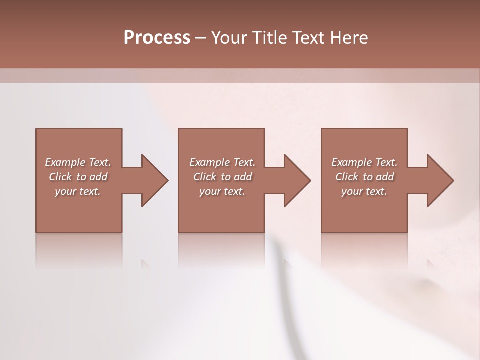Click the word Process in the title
pos(157,38)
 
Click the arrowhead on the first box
pos(154,180)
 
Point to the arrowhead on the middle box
pos(296,180)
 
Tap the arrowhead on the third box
pos(439,180)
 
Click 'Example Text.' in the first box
pos(78,162)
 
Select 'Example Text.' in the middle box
pos(222,162)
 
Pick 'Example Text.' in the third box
pos(364,162)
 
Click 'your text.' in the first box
pos(78,191)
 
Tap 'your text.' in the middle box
pos(222,191)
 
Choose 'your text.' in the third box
pos(364,191)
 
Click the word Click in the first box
pos(60,177)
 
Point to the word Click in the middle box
pos(205,177)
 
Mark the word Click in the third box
pos(347,177)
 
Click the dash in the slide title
pos(201,38)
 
